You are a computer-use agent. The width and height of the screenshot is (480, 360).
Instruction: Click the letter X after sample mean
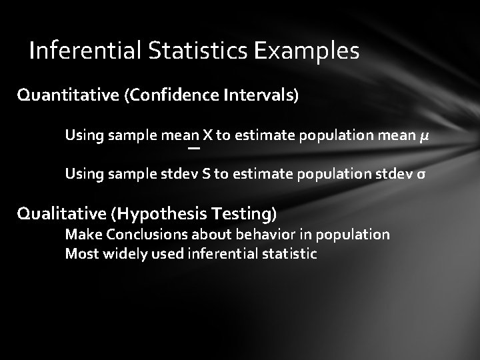tap(208, 136)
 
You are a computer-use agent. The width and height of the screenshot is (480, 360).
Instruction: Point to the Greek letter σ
tap(421, 175)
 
